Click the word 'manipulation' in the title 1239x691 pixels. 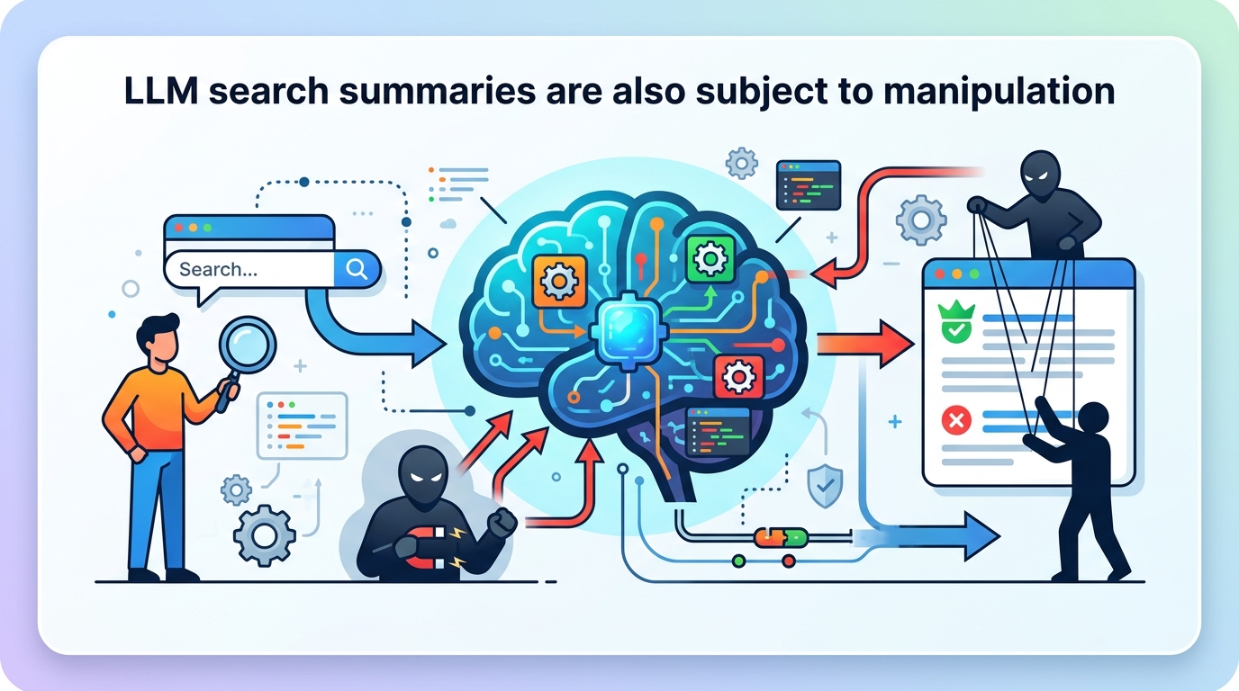click(999, 92)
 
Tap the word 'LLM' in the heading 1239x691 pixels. click(161, 91)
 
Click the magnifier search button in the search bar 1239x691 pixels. click(357, 269)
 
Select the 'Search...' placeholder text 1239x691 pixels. click(218, 269)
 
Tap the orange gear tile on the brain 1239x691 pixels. click(558, 281)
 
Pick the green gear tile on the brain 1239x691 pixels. click(710, 258)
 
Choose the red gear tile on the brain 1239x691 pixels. click(738, 376)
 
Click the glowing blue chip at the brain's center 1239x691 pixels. click(629, 329)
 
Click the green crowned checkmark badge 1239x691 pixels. click(956, 322)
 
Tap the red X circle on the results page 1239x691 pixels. click(956, 421)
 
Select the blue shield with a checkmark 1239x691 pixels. click(826, 485)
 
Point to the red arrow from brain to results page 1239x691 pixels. click(865, 344)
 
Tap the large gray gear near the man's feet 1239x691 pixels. click(265, 535)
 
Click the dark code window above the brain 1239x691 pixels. click(809, 185)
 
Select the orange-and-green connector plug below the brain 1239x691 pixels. click(781, 537)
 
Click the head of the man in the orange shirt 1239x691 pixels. click(158, 337)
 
